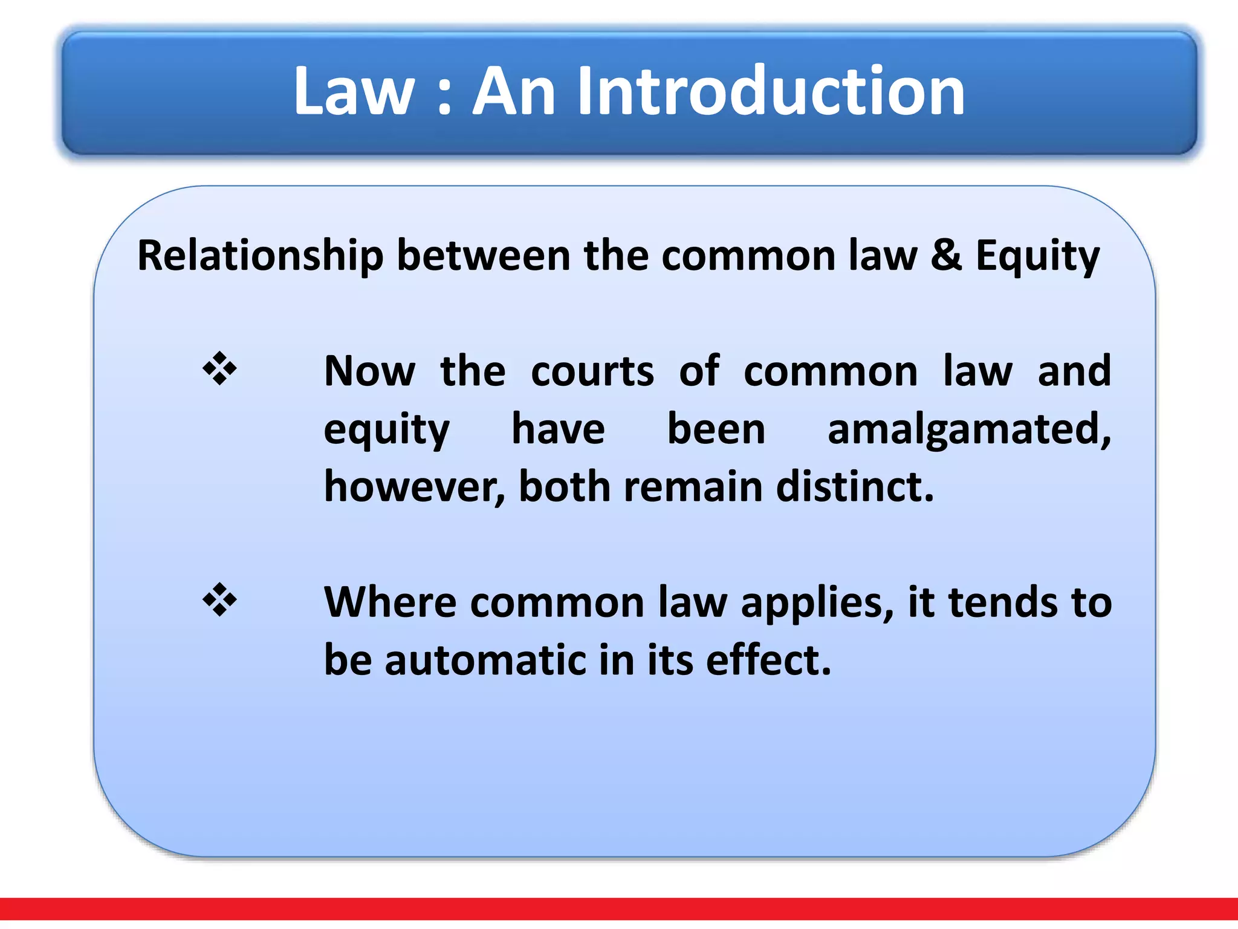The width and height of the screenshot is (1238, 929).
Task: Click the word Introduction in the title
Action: coord(771,92)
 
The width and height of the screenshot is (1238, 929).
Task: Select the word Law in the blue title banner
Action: coord(354,92)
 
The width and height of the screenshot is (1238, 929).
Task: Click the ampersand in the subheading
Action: coord(946,255)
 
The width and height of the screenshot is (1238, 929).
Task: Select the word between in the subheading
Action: coord(484,255)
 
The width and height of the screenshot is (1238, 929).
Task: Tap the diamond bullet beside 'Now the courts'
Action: coord(220,368)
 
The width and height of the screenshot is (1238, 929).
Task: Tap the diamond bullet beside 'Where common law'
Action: coord(220,599)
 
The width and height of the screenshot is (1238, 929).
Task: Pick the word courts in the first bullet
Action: coord(592,371)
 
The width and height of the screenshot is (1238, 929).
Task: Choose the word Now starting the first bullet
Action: coord(370,371)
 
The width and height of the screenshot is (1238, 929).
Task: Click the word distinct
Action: coord(855,487)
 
